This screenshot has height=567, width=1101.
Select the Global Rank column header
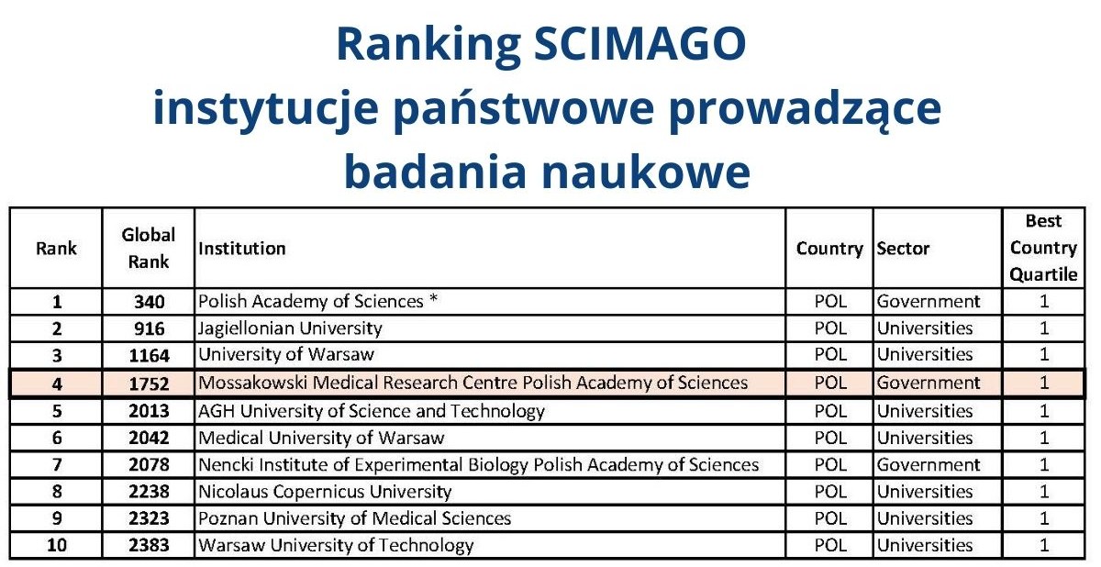[149, 248]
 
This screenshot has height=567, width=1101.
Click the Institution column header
[242, 249]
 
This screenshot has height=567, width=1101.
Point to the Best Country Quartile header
[1043, 248]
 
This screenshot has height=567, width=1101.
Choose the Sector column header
[903, 249]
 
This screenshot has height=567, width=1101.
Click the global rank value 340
[149, 302]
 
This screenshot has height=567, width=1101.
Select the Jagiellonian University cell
[290, 328]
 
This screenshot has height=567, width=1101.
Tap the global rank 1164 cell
[149, 355]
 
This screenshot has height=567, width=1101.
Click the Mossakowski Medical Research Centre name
[473, 384]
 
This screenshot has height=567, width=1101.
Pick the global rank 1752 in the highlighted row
[149, 384]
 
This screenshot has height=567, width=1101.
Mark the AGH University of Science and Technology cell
[372, 411]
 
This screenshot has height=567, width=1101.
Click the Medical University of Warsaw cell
[321, 439]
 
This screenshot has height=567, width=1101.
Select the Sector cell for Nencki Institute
[929, 465]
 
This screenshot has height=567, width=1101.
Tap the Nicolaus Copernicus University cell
[325, 492]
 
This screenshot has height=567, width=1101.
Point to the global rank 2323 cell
[149, 518]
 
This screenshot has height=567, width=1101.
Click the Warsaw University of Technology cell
[336, 546]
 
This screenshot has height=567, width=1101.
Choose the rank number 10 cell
[57, 546]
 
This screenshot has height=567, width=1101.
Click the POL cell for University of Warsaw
[830, 355]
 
